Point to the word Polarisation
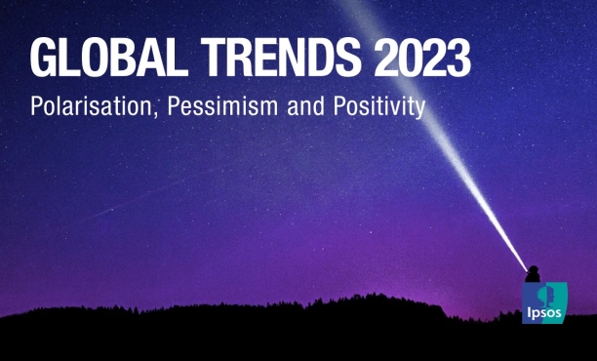[x=94, y=105]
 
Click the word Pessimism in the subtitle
[x=223, y=105]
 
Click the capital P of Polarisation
[x=36, y=104]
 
